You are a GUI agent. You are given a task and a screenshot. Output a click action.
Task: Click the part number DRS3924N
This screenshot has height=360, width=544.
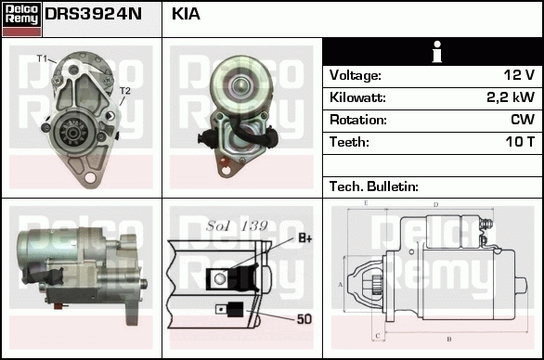tap(94, 14)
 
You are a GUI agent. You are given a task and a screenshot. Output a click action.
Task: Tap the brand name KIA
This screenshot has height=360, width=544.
tap(186, 14)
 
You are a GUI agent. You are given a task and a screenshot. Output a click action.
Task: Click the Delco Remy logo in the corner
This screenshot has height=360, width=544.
tap(21, 19)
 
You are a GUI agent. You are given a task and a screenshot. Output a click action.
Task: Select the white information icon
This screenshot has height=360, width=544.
tap(437, 52)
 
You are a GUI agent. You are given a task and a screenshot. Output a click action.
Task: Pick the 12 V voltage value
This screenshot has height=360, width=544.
tap(519, 75)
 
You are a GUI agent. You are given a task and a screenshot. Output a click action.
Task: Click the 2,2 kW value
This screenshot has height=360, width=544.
tap(511, 97)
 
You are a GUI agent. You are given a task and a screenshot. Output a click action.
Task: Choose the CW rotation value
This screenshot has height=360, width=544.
tap(523, 120)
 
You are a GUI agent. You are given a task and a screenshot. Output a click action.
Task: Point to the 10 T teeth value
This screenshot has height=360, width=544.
tap(520, 142)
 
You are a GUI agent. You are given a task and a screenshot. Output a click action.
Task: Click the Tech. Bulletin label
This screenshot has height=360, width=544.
tap(374, 186)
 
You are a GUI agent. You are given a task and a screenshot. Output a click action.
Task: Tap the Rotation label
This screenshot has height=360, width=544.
tap(358, 120)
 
